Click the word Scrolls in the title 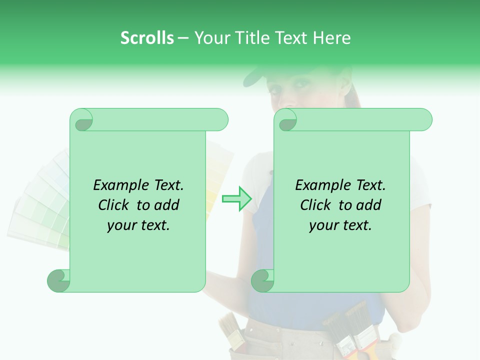pyautogui.click(x=147, y=38)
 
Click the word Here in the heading pyautogui.click(x=331, y=38)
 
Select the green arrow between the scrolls pyautogui.click(x=236, y=199)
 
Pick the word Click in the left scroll pyautogui.click(x=114, y=205)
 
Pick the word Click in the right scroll pyautogui.click(x=316, y=205)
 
